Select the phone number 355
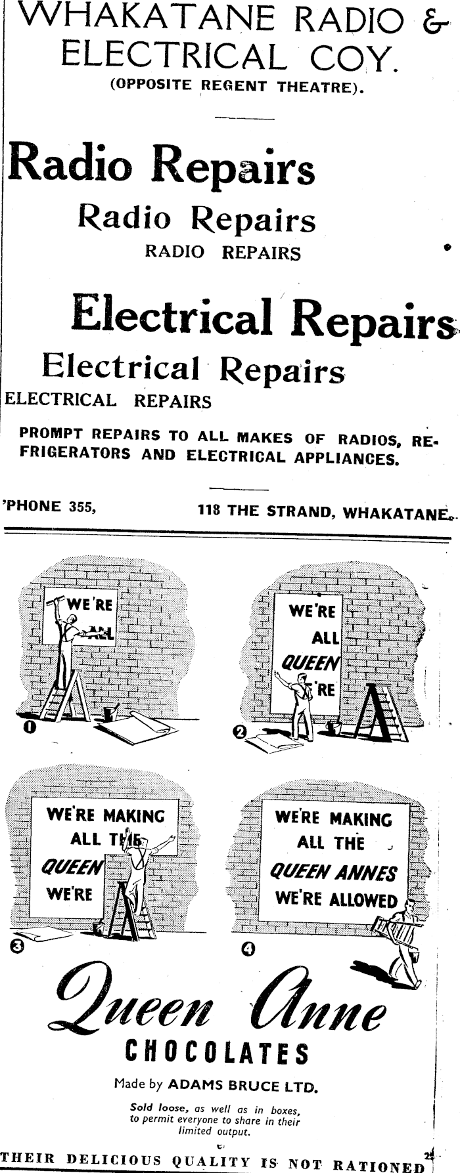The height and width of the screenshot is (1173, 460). click(83, 506)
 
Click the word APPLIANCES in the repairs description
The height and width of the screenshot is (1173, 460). click(348, 458)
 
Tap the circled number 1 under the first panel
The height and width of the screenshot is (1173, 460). click(30, 727)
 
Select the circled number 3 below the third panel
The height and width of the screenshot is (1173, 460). click(18, 945)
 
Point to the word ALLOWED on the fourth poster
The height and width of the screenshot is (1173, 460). click(364, 900)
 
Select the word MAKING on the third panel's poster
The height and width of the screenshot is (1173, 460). click(134, 816)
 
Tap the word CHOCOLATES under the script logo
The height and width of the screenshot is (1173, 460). click(216, 1054)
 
